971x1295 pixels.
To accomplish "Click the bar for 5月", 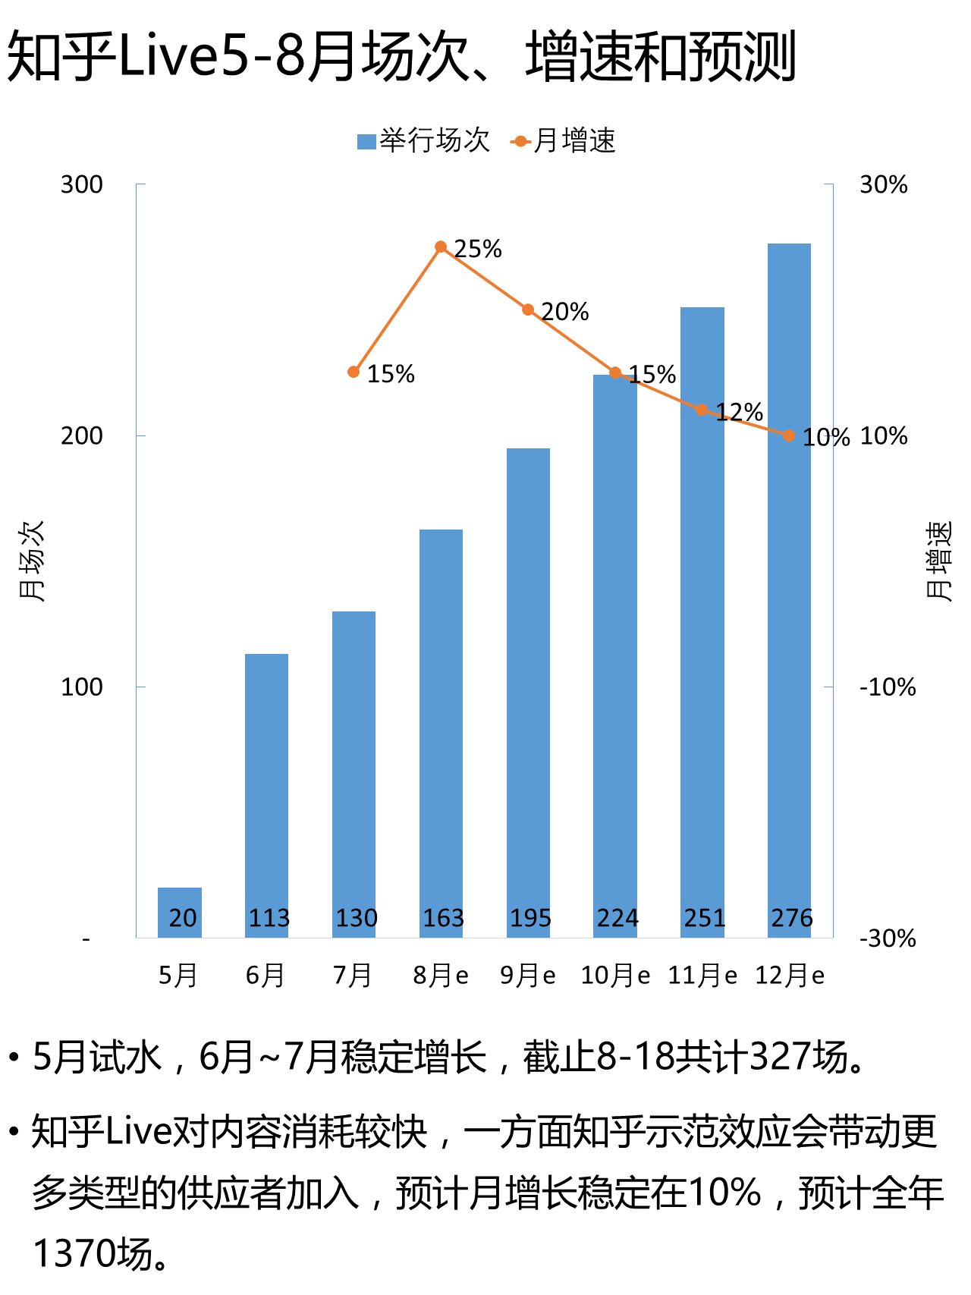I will (x=180, y=912).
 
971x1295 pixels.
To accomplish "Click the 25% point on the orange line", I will (x=441, y=247).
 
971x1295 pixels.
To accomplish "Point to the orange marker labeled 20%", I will (x=528, y=310).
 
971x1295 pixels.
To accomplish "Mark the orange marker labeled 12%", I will (x=702, y=410).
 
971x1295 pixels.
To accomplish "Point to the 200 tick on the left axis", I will (x=81, y=436).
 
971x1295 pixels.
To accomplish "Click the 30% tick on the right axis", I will (x=883, y=184).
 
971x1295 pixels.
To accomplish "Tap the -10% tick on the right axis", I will (x=888, y=687).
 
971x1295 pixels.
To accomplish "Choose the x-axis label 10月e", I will (x=615, y=976).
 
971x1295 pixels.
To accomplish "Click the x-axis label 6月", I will (x=266, y=976).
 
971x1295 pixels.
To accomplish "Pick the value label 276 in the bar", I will (x=791, y=918).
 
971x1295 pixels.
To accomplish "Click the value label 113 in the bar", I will (x=269, y=918).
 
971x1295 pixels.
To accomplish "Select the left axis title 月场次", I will (x=31, y=561).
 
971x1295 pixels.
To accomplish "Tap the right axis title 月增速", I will (x=939, y=561).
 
